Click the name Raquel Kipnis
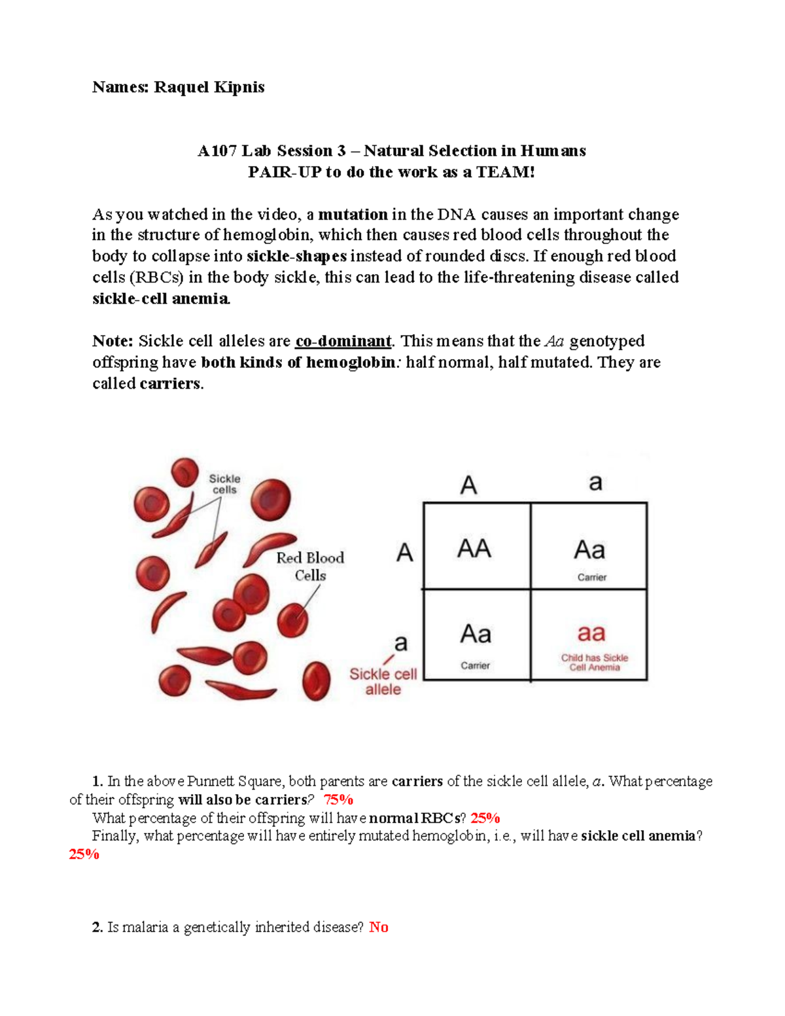[x=209, y=87]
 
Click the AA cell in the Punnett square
[x=474, y=548]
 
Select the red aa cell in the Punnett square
[x=591, y=633]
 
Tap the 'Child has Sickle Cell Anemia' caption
[x=594, y=662]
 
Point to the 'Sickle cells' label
[x=224, y=484]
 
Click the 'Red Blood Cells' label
[x=310, y=567]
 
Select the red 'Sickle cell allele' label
[x=383, y=682]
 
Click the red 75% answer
[x=338, y=799]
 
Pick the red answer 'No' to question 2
[x=379, y=927]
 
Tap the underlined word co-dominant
[x=343, y=341]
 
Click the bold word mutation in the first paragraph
[x=353, y=215]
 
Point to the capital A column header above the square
[x=468, y=485]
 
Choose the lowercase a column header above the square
[x=595, y=483]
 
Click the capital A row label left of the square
[x=405, y=553]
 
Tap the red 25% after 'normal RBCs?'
[x=485, y=818]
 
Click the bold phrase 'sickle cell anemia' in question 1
[x=638, y=835]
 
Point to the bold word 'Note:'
[x=113, y=341]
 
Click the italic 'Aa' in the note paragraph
[x=554, y=341]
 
